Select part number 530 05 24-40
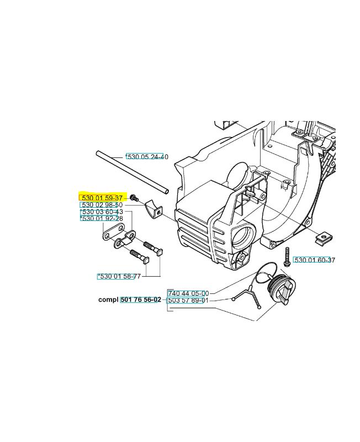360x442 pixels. tap(147, 157)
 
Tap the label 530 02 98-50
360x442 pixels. tap(102, 205)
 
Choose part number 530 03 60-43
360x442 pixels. tap(102, 212)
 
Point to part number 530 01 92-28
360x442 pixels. tap(102, 218)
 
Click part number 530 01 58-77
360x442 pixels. tap(119, 276)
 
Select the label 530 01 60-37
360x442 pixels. tap(315, 260)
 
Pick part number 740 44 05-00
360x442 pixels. tap(188, 293)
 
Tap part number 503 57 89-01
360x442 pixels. tap(188, 301)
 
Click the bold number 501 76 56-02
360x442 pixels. tap(141, 299)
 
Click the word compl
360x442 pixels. tap(108, 300)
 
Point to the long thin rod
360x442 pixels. tap(133, 172)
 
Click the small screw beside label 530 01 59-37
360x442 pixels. tap(134, 198)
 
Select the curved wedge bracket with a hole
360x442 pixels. tap(153, 210)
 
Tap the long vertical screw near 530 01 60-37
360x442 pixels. tap(287, 256)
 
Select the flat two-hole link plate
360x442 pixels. tap(113, 232)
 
